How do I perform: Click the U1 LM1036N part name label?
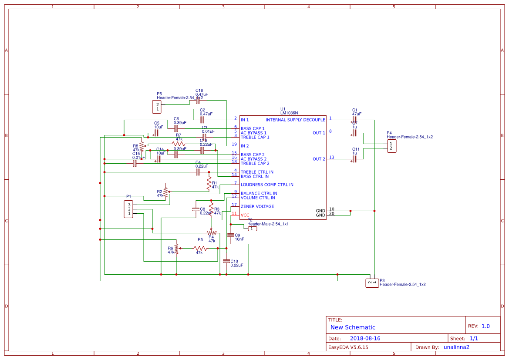289,113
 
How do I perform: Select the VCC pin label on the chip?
245,215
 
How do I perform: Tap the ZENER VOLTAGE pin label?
257,206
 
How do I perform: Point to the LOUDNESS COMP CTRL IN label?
267,185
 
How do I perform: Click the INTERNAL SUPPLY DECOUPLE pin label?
295,120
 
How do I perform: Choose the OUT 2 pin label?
319,159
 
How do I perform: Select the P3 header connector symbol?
371,283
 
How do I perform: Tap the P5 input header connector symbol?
157,107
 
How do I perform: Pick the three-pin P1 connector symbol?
128,209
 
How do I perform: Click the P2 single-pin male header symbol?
252,229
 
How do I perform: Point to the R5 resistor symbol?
200,248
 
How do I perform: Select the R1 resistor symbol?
209,183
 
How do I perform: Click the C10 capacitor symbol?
226,261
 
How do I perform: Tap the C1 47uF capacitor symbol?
354,119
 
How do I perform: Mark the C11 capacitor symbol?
354,159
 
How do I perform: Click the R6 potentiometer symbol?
176,249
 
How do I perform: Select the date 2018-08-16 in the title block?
365,338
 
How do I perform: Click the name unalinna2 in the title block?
456,347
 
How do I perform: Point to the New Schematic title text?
353,327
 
